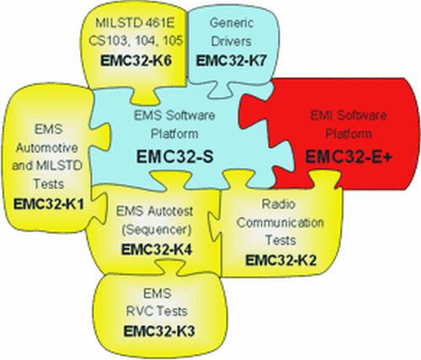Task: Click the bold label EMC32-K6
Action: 136,61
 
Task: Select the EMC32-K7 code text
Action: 231,61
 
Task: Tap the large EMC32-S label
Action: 175,156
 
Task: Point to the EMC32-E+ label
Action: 348,156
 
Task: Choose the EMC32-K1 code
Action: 49,204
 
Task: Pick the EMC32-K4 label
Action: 157,250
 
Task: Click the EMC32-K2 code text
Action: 281,260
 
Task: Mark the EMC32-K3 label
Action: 159,331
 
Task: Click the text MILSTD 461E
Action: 135,23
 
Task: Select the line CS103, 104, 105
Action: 136,41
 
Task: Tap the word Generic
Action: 232,23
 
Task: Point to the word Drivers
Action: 231,41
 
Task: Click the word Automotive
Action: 46,148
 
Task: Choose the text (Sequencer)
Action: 157,230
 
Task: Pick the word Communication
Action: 280,223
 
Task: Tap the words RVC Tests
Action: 157,311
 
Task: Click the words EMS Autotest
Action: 155,211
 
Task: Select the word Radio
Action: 279,204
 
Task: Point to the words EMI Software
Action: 349,115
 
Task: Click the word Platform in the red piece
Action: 349,134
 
